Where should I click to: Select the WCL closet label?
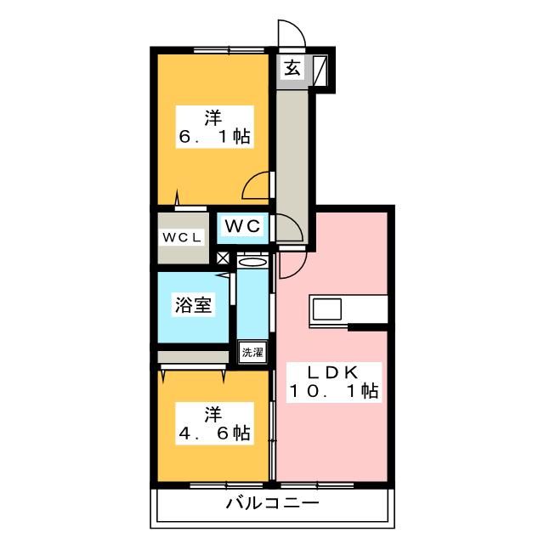[182, 237]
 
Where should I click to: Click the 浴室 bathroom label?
[193, 305]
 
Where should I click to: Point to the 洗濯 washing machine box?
[252, 351]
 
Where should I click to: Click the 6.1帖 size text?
[213, 136]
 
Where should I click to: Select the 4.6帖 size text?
[213, 433]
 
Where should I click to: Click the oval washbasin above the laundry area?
[252, 263]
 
